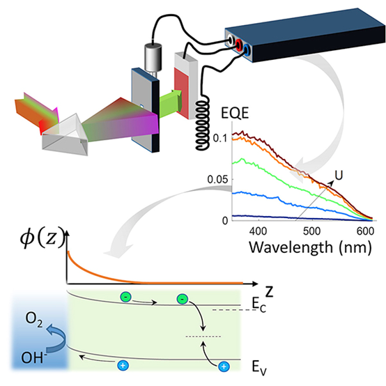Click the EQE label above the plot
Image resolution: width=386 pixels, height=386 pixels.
pos(235,114)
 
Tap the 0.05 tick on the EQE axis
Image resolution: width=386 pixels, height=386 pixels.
pos(217,180)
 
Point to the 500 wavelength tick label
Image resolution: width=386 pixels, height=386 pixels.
pos(312,231)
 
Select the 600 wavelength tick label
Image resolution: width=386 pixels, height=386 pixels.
pos(365,231)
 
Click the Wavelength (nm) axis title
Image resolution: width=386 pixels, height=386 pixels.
pos(310,247)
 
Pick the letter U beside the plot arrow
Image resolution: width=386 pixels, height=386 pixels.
pos(339,176)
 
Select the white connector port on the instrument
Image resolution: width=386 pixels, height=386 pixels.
pos(231,40)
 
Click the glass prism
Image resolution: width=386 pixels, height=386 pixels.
pos(66,136)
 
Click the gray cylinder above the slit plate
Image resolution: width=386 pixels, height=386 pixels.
pos(153,56)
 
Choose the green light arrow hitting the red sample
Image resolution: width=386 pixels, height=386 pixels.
pos(170,103)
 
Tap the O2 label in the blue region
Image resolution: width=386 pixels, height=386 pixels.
pos(34,320)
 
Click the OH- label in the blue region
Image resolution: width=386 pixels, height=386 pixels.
pos(34,357)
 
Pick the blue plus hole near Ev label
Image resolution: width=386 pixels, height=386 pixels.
pos(224,366)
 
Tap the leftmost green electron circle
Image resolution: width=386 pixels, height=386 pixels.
pos(126,297)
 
